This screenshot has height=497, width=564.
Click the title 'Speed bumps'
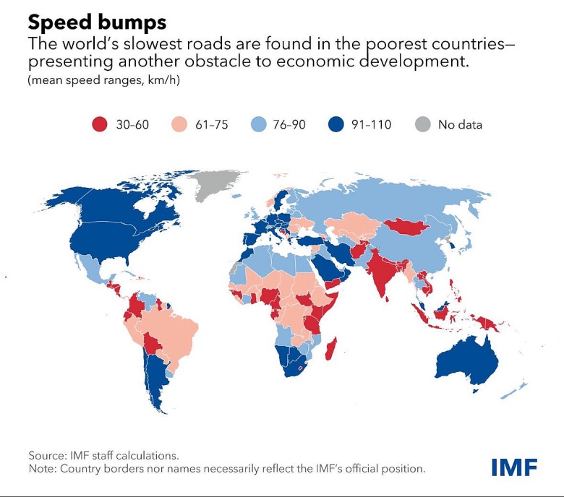(x=98, y=20)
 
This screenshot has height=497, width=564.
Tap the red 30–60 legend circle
(x=99, y=125)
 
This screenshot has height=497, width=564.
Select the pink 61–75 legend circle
(x=179, y=125)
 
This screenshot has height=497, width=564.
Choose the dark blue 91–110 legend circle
(x=334, y=125)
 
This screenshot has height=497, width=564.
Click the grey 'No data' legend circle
(x=421, y=125)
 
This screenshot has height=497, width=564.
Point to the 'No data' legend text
(x=460, y=125)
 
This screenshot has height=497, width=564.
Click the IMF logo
(x=514, y=467)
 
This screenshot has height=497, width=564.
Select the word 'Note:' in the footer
(x=42, y=469)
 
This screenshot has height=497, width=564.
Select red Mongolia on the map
(x=409, y=226)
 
